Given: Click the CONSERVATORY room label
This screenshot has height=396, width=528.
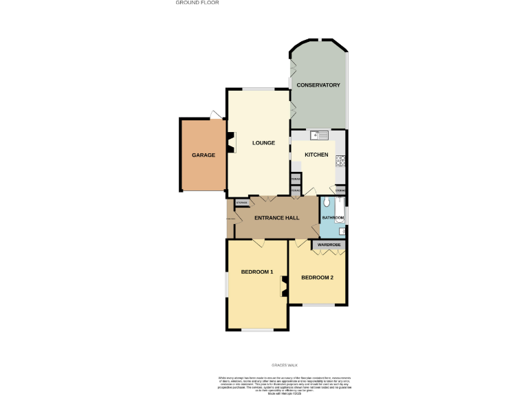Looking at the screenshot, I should [318, 85].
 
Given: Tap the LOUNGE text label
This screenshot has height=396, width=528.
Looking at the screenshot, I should [263, 143].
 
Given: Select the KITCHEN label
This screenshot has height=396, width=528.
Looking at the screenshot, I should [316, 155].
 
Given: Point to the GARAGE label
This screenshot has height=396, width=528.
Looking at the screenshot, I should [203, 155].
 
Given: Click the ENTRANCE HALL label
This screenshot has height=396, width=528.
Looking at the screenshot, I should [276, 218].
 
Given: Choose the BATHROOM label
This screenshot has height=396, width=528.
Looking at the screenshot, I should [333, 217].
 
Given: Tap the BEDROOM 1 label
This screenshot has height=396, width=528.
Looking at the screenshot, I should [256, 272].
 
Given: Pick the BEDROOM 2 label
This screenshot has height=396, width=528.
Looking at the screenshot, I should [317, 278].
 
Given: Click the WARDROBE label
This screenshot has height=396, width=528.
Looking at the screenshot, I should [329, 245].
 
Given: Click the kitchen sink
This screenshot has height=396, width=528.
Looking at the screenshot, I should [319, 135].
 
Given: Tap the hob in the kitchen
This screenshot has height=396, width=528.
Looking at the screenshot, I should [340, 161].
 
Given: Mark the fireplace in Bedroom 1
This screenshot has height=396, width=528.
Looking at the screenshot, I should [284, 287].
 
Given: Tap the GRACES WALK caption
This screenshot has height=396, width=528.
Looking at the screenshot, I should [284, 365].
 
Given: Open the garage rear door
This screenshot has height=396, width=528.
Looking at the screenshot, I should [216, 114].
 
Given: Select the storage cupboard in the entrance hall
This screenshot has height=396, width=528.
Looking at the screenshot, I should [241, 202].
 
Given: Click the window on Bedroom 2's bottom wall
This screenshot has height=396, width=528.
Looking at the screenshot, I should [318, 305].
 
